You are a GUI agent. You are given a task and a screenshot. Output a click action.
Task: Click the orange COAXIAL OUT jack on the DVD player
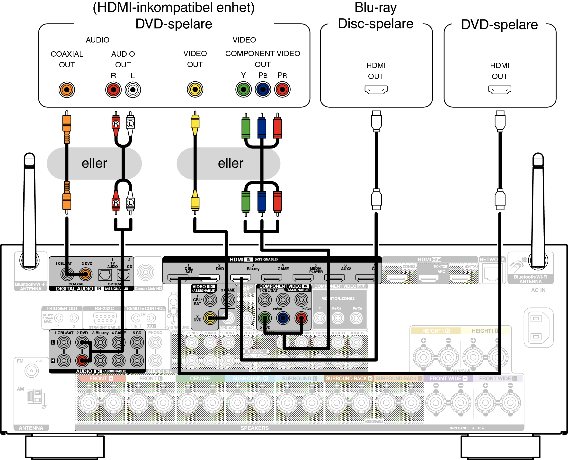67,90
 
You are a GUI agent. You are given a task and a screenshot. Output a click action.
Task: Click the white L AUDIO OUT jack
133,90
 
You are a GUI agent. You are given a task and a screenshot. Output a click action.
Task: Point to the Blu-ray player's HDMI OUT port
376,90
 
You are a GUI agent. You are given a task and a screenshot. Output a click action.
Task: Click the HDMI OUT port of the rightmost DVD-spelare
500,90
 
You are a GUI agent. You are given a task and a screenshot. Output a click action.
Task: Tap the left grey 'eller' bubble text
94,163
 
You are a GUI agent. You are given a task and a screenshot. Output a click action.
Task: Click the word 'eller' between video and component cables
231,163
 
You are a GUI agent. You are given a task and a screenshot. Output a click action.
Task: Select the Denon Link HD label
148,288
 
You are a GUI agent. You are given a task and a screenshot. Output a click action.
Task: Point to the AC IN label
538,290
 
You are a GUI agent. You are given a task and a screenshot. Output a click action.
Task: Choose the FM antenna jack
32,371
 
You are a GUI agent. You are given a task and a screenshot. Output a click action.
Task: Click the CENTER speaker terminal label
200,378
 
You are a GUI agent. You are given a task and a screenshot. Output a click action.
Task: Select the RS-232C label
104,308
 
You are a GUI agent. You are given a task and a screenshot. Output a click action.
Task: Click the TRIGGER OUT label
62,308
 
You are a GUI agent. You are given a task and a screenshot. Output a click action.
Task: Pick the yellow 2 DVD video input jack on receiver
210,318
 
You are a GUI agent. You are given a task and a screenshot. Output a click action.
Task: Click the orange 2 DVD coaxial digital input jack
85,274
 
